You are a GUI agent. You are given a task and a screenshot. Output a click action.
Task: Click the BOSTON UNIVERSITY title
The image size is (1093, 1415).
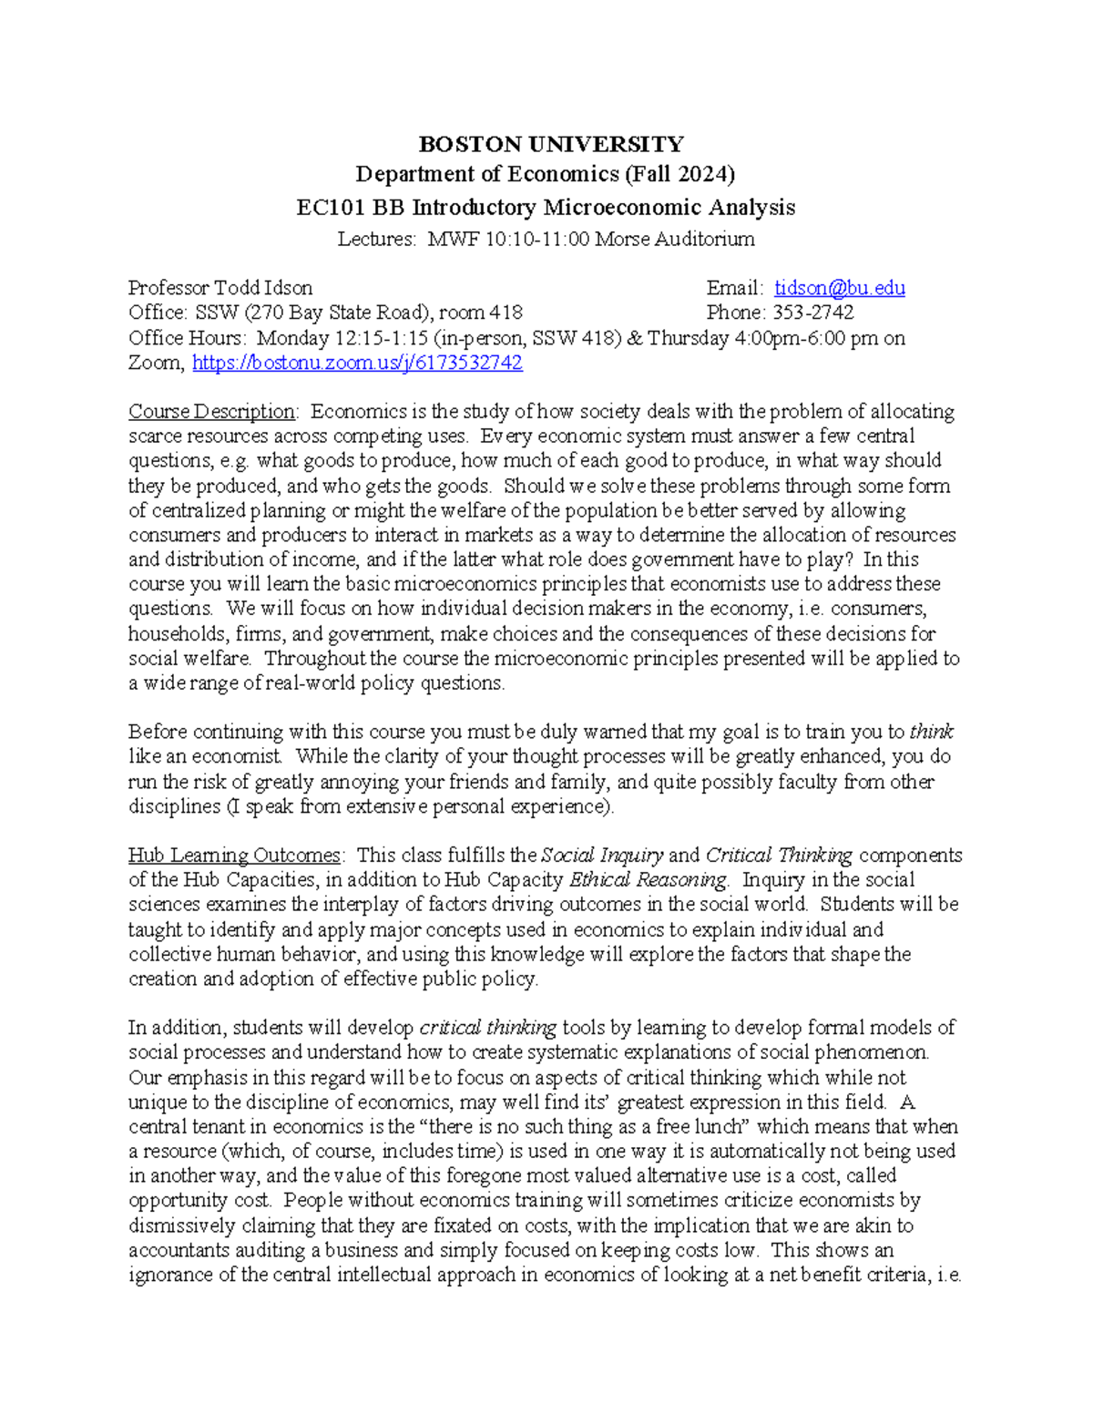(550, 144)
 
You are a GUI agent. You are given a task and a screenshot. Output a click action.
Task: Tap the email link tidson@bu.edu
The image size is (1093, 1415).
(839, 288)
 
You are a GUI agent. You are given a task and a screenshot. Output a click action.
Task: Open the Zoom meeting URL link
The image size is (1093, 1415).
(357, 363)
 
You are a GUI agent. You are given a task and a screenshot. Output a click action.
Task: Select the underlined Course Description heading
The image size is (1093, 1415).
(211, 412)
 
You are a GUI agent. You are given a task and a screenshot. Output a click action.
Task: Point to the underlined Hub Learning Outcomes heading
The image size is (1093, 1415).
(234, 856)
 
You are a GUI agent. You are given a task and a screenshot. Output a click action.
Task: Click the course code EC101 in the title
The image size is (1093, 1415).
(331, 208)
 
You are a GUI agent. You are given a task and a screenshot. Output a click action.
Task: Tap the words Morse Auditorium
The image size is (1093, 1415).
(674, 240)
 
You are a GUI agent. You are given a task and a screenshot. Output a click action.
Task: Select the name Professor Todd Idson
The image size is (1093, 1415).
(220, 288)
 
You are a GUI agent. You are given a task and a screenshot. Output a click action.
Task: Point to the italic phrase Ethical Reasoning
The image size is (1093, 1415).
(648, 880)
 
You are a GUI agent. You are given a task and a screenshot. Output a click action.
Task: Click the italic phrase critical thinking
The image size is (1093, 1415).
(487, 1028)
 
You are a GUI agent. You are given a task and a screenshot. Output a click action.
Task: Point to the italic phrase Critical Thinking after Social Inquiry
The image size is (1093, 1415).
(779, 856)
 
